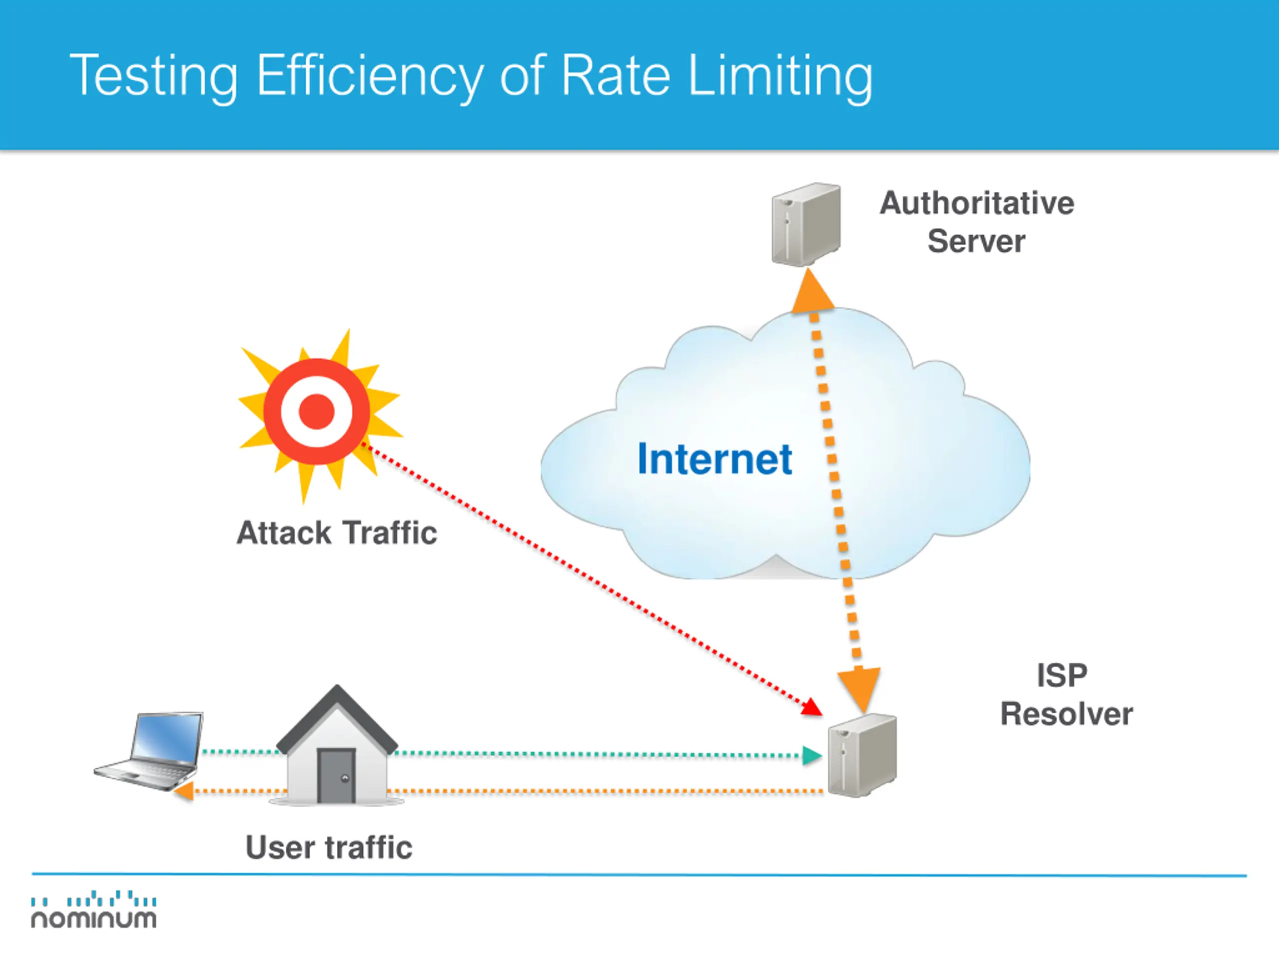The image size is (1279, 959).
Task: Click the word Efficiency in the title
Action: click(370, 76)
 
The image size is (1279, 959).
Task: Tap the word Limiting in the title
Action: click(780, 76)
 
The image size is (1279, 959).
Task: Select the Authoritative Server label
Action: click(977, 222)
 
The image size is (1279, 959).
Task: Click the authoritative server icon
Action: click(806, 224)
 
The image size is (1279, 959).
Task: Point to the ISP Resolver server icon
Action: click(862, 755)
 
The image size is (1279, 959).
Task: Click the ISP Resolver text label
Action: click(1066, 695)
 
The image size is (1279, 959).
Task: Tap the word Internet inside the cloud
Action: click(714, 460)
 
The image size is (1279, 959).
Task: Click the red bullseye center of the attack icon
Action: click(316, 412)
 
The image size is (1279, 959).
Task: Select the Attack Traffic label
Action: click(337, 532)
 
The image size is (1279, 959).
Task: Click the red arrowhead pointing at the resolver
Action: click(813, 707)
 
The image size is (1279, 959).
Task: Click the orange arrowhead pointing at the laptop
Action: click(184, 791)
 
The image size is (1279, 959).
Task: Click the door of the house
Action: click(336, 775)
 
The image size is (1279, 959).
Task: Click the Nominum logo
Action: click(93, 910)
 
